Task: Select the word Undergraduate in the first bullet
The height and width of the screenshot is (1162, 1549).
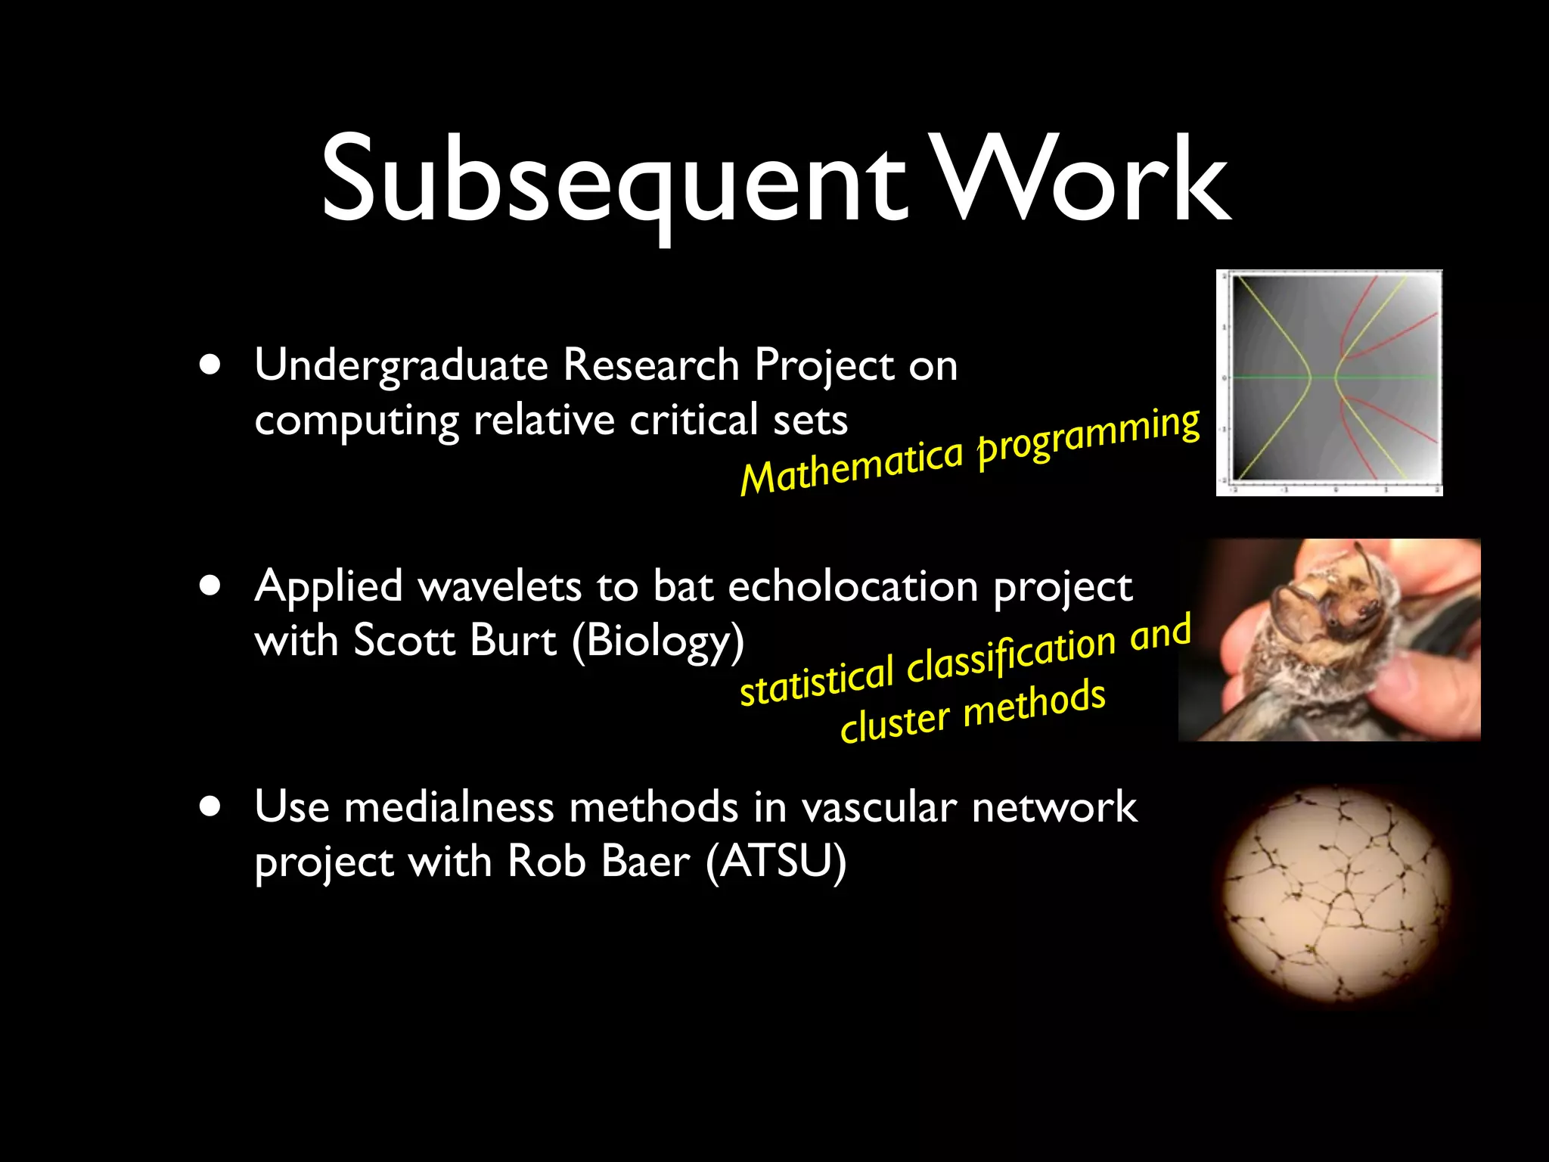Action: [x=401, y=366]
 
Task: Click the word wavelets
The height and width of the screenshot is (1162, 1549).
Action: [x=499, y=586]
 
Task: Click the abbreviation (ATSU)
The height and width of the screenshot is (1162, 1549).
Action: [x=775, y=862]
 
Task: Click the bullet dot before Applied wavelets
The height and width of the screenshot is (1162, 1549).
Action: [x=211, y=586]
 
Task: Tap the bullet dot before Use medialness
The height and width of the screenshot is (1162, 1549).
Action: [x=211, y=806]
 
